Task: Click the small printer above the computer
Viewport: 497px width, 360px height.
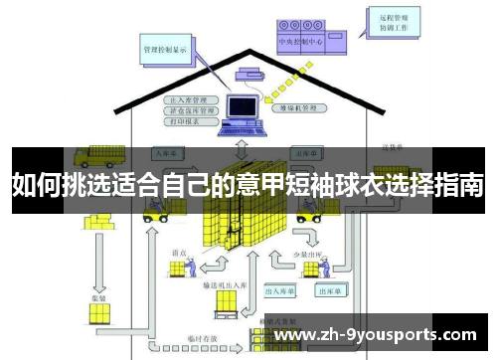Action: pyautogui.click(x=247, y=73)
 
